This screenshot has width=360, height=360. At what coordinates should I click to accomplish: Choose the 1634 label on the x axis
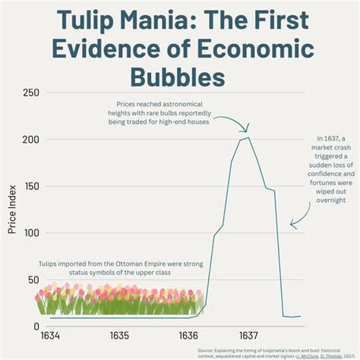coord(50,336)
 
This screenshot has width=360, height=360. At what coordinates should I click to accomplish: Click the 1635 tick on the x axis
coord(119,336)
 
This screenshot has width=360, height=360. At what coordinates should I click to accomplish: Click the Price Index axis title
coord(12,210)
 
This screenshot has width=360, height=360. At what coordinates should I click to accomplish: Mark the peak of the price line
coord(248,137)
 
